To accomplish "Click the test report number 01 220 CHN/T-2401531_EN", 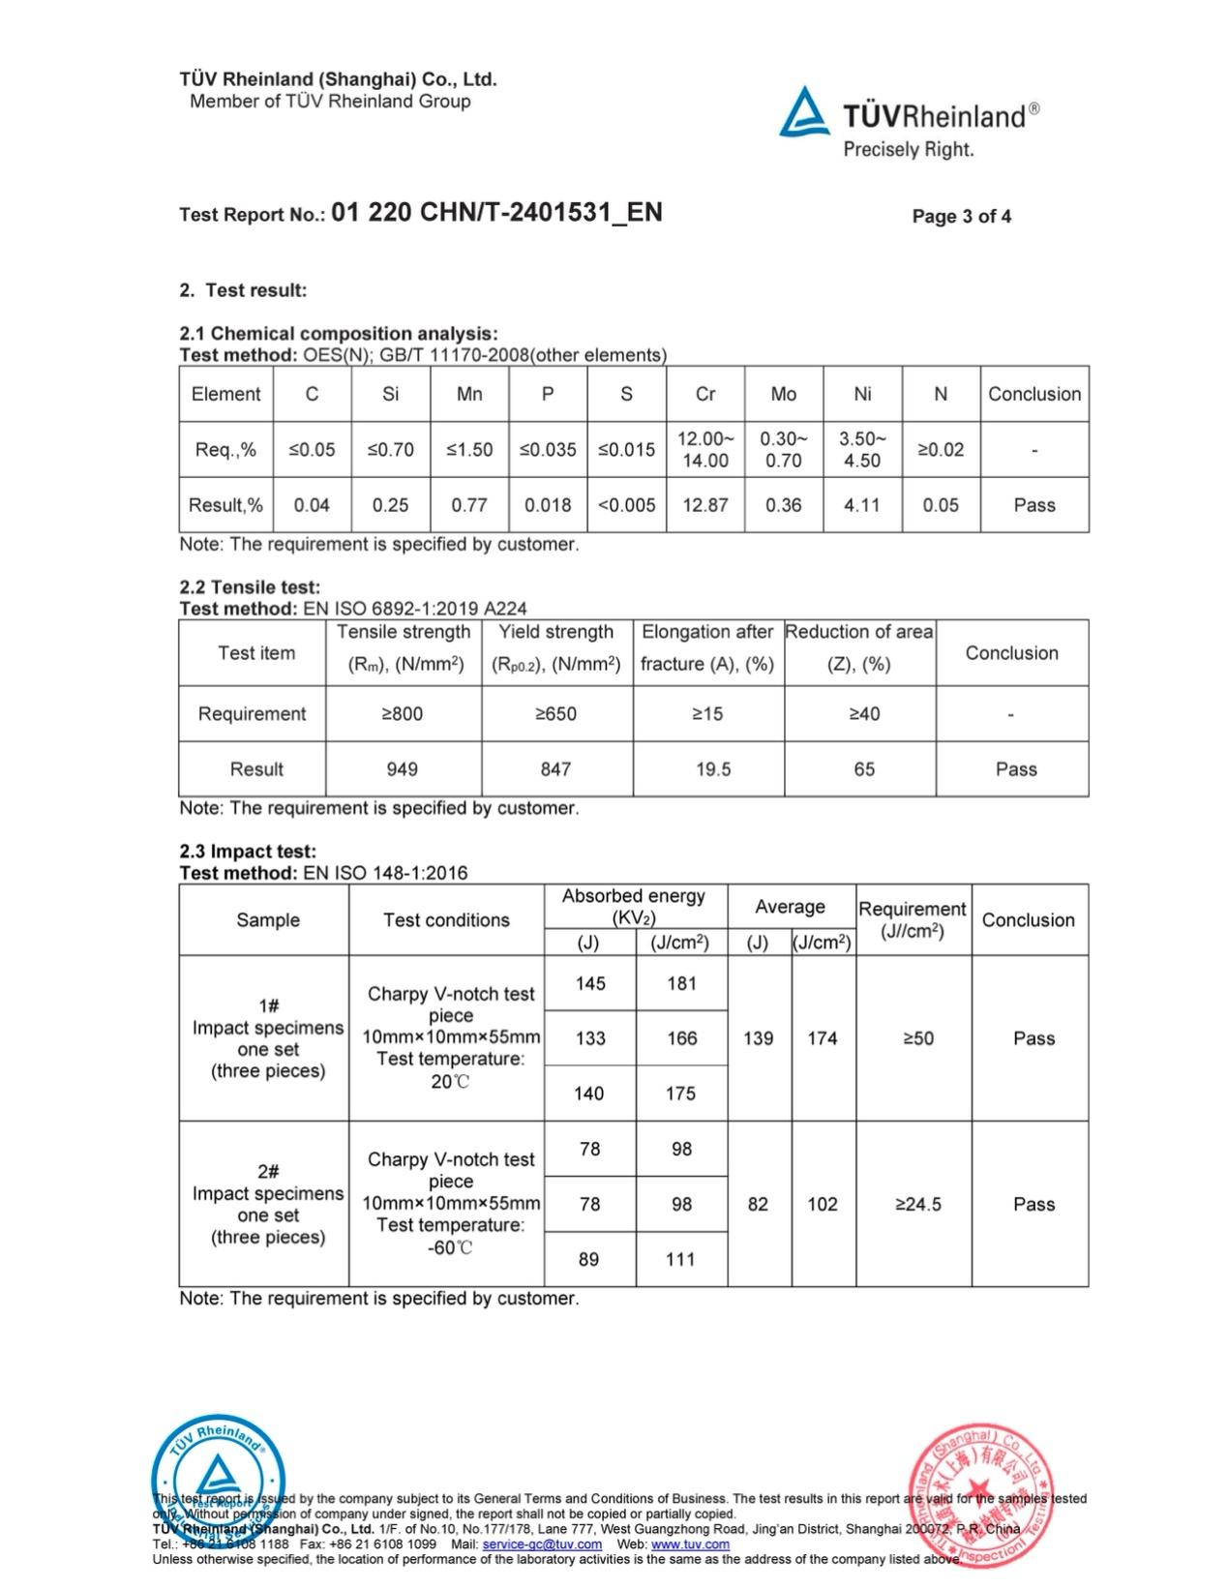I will pyautogui.click(x=496, y=213).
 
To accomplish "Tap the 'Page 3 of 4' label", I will pyautogui.click(x=961, y=217).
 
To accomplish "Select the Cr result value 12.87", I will pyautogui.click(x=704, y=505).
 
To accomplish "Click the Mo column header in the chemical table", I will pyautogui.click(x=783, y=394).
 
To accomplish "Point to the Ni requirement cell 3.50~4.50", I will pyautogui.click(x=861, y=449).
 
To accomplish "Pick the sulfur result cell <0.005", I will pyautogui.click(x=626, y=505).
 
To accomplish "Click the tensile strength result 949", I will pyautogui.click(x=402, y=769).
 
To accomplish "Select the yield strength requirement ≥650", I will pyautogui.click(x=555, y=714).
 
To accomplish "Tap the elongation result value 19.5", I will pyautogui.click(x=713, y=769).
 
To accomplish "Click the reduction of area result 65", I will pyautogui.click(x=864, y=769).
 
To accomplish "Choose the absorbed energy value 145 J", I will pyautogui.click(x=590, y=983).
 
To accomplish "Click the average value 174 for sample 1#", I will pyautogui.click(x=823, y=1038).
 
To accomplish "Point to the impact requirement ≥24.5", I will pyautogui.click(x=917, y=1205).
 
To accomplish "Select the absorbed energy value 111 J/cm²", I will pyautogui.click(x=680, y=1260).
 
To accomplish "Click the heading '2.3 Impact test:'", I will pyautogui.click(x=248, y=852).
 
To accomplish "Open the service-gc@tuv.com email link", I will pyautogui.click(x=542, y=1544).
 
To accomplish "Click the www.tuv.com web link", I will pyautogui.click(x=690, y=1544).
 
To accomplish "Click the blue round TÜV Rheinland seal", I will pyautogui.click(x=219, y=1481).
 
